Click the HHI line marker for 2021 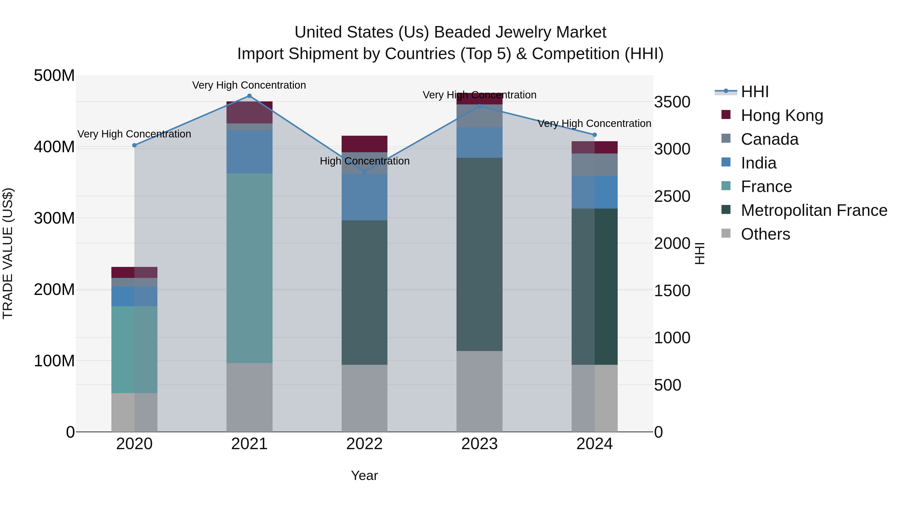coord(249,96)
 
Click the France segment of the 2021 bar coord(249,268)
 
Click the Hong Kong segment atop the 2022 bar coord(364,144)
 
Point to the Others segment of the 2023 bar coord(479,391)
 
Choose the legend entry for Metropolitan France coord(814,210)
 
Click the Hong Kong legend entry coord(781,115)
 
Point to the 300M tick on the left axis coord(54,218)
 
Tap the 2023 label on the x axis coord(479,444)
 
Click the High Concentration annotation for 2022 coord(364,161)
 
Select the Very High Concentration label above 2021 coord(249,85)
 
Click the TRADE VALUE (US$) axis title coord(8,253)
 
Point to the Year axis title coord(364,475)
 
